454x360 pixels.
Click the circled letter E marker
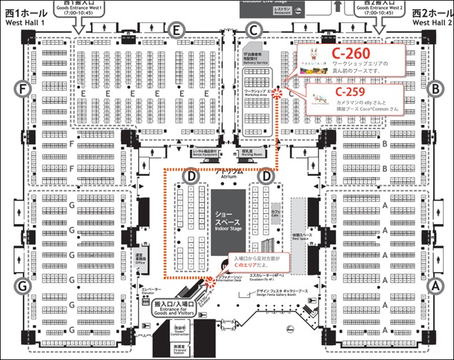coord(177,29)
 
